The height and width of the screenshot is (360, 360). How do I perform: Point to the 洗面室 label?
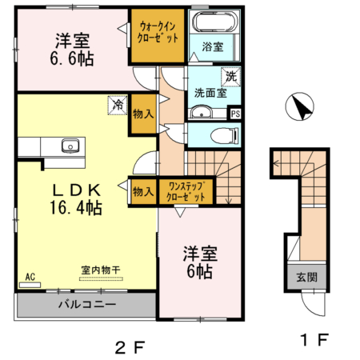coord(210,92)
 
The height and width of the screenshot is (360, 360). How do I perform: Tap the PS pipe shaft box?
coord(235,114)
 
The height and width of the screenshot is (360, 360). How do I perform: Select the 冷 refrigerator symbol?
coord(117,103)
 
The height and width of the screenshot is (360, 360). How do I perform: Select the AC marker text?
coord(30,276)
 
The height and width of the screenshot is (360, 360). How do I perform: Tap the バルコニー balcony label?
coord(86,305)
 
